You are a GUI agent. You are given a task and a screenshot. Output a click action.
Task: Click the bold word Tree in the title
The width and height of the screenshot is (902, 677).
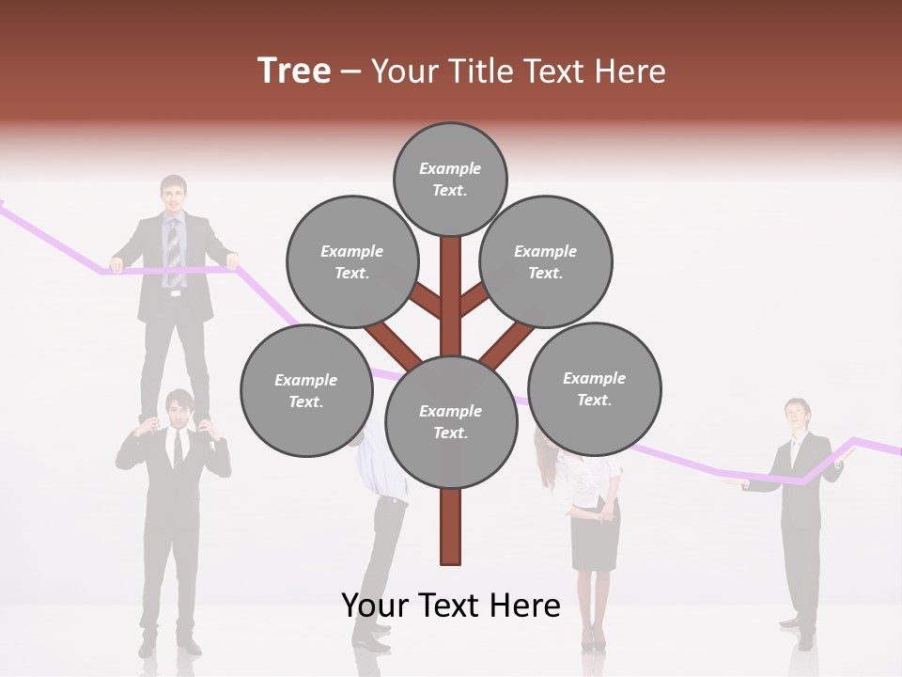tap(294, 71)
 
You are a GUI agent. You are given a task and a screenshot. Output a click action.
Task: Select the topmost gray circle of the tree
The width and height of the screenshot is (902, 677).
tap(450, 179)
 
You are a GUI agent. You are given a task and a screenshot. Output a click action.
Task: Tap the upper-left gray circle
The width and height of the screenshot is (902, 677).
tap(351, 261)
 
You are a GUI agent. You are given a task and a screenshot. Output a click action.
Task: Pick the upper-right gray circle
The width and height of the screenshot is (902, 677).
tap(546, 261)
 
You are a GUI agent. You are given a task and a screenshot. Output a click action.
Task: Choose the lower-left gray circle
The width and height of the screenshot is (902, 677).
tap(306, 390)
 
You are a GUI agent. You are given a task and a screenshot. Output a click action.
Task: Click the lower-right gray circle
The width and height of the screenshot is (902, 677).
tap(594, 388)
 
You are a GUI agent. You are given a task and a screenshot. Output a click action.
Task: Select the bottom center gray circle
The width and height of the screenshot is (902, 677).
tap(451, 421)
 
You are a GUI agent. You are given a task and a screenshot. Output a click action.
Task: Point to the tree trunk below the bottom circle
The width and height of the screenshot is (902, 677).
tap(451, 527)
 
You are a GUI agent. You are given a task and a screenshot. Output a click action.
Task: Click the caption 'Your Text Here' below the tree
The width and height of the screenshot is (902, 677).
tap(451, 605)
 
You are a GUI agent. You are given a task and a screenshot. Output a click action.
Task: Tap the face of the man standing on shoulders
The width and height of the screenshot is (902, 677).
tap(173, 196)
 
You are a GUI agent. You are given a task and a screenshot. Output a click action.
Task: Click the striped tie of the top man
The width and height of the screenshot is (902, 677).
tap(173, 249)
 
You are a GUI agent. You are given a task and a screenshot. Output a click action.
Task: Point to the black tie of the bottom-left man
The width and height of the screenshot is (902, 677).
tap(178, 449)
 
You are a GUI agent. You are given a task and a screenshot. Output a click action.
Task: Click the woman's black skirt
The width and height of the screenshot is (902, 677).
tap(596, 541)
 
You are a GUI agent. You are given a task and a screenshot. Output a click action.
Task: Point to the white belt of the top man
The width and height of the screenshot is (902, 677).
tap(174, 292)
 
